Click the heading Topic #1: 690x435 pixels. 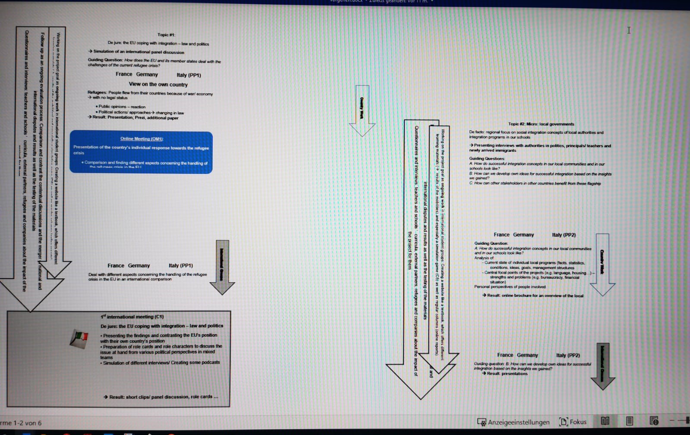[x=166, y=35]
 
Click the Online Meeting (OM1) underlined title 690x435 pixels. [x=142, y=139]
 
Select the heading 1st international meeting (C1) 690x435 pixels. [x=132, y=317]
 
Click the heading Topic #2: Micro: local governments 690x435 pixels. [x=541, y=124]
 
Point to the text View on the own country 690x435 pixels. [x=158, y=85]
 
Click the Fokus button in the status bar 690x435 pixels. [x=573, y=422]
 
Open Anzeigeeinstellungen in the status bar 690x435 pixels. [x=514, y=422]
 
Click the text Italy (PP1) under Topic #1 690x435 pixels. [x=189, y=75]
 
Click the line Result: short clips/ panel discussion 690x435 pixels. [x=161, y=397]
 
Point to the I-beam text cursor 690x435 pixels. [x=629, y=30]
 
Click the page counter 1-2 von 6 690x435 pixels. [x=22, y=423]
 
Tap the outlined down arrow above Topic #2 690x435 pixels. [x=362, y=110]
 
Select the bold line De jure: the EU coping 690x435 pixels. [x=162, y=326]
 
